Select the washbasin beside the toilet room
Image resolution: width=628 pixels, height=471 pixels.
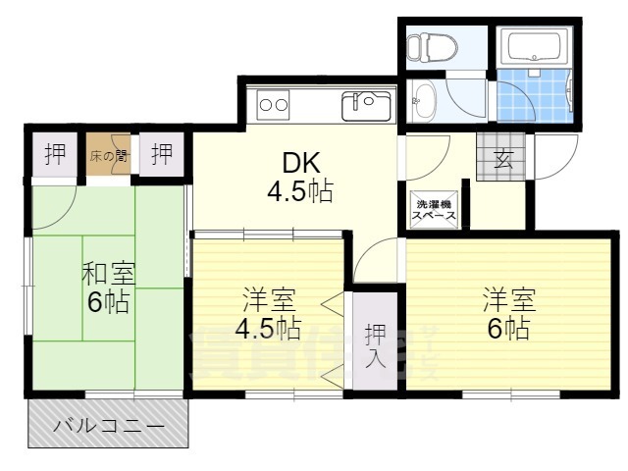tap(423, 99)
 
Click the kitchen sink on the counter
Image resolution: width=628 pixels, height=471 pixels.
tap(367, 102)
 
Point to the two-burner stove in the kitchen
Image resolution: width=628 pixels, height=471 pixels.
tap(274, 103)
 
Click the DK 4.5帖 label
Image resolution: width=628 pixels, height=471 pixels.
tap(298, 177)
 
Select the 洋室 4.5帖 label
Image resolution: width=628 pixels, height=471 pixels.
tap(268, 311)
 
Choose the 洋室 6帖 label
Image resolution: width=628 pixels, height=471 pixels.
tap(505, 313)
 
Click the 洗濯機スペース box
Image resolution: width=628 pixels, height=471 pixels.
tap(433, 207)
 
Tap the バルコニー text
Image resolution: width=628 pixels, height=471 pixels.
tap(108, 426)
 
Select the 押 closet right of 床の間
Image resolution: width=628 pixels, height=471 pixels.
tap(162, 154)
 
